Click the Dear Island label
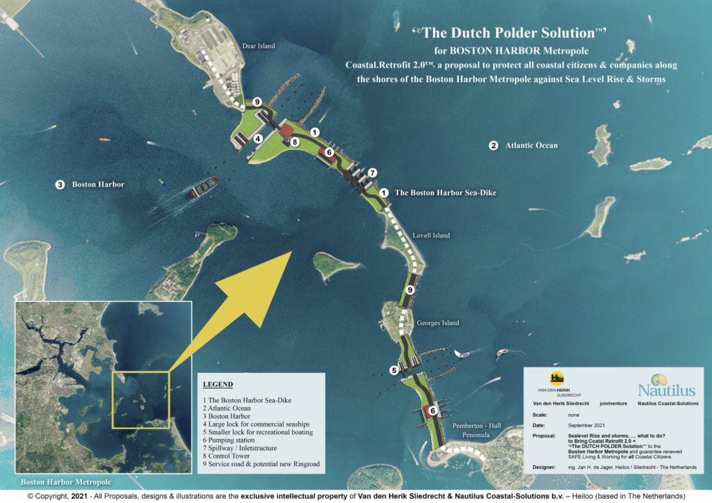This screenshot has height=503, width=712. [259, 47]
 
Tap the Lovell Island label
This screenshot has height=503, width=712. [432, 236]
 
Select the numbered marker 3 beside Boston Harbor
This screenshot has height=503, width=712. [60, 184]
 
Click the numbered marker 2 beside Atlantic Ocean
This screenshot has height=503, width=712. [493, 145]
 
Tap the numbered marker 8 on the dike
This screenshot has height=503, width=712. [295, 142]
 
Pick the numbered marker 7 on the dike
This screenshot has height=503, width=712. [373, 172]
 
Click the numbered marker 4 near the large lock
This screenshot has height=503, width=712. [257, 138]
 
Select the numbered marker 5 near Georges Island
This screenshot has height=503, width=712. [394, 371]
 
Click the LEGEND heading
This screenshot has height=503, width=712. [218, 385]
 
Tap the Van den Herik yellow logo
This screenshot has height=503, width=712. [557, 378]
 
